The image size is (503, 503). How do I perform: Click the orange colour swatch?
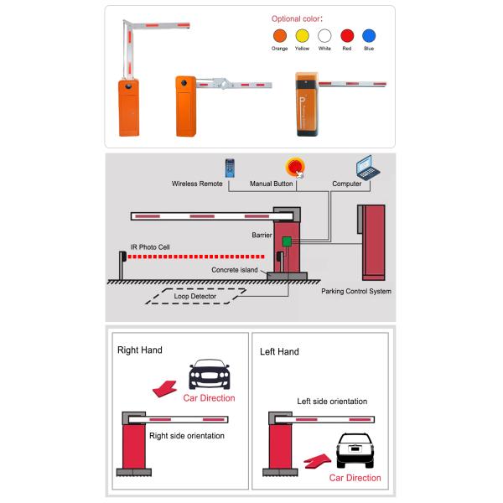280,35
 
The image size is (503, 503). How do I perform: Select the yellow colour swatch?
302,35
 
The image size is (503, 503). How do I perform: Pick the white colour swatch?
324,35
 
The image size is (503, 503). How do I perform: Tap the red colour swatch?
347,35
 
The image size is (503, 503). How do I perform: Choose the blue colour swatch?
369,35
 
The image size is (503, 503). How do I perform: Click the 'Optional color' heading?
298,18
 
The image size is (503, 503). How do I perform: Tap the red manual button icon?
295,167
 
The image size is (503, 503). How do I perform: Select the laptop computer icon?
366,166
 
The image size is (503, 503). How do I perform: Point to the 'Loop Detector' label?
194,297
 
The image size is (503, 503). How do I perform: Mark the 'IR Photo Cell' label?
150,248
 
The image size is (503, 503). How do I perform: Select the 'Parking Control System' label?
356,292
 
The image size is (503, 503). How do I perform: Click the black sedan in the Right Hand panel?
210,374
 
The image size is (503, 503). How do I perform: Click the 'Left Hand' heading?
279,351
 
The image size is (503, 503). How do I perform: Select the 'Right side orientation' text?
186,436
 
